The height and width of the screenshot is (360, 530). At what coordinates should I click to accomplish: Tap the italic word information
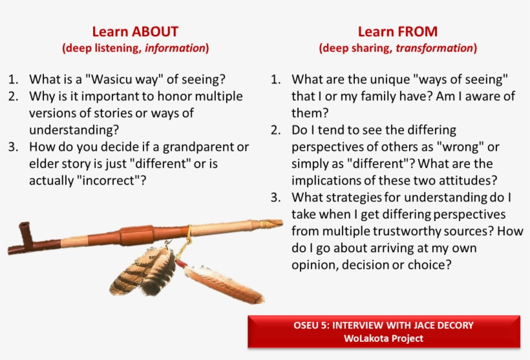click(x=175, y=48)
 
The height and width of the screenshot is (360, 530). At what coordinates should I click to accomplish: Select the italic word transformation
click(x=434, y=48)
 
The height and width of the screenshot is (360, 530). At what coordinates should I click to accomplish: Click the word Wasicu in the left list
click(x=109, y=79)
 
